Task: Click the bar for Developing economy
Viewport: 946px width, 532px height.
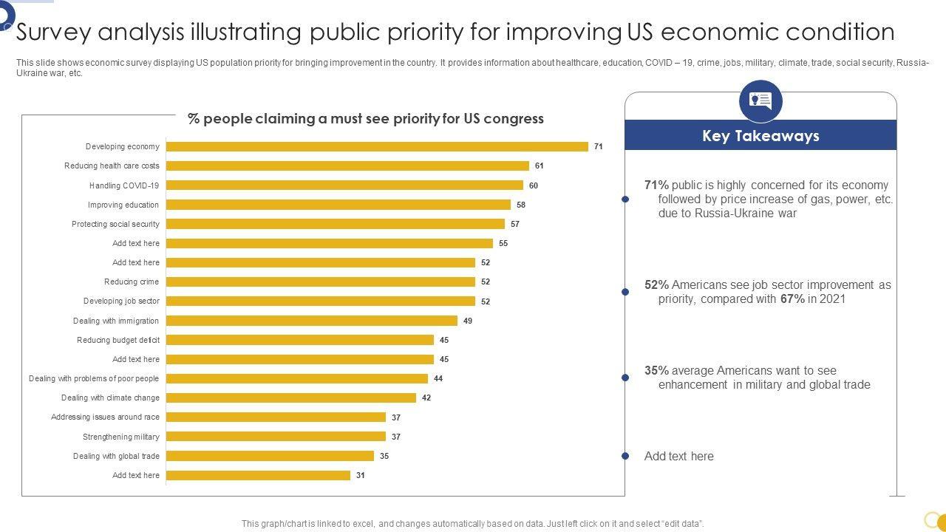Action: tap(377, 146)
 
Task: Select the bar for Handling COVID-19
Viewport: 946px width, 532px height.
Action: tap(344, 185)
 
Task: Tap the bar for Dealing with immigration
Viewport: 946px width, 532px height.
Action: tap(312, 321)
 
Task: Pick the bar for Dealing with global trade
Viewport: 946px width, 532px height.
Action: tap(270, 456)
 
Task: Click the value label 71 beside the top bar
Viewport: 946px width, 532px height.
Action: tap(599, 146)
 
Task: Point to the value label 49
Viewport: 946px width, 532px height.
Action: tap(468, 321)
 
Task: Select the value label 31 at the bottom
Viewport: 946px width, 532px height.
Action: tap(361, 475)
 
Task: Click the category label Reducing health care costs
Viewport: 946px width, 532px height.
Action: tap(112, 166)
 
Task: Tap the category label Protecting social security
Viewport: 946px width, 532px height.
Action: tap(115, 224)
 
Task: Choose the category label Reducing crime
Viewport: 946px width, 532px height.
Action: tap(132, 282)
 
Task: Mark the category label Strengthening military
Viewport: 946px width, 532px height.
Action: tap(121, 437)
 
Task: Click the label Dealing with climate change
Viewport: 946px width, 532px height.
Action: tap(110, 398)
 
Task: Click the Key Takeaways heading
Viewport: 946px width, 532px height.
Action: tap(760, 136)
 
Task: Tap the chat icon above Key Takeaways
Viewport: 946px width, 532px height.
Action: tap(760, 101)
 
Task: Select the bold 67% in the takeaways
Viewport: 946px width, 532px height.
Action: tap(792, 299)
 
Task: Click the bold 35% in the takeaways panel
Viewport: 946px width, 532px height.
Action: tap(656, 370)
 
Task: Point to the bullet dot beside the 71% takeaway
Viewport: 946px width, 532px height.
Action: tap(625, 199)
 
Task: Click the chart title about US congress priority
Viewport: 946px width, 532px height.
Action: tap(366, 118)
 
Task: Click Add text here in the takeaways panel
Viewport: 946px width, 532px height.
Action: tap(679, 456)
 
